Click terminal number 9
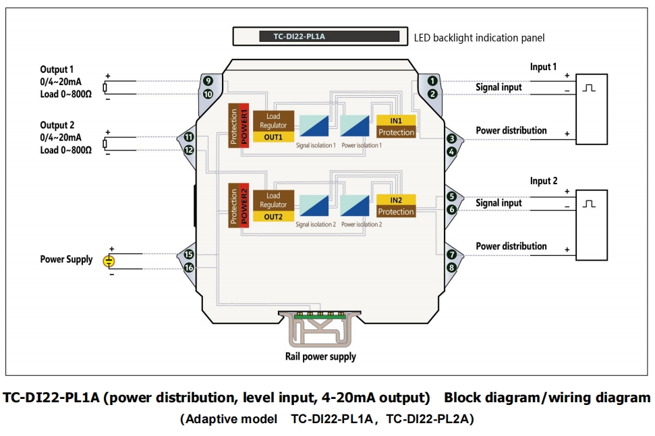[x=208, y=82]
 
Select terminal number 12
[x=189, y=151]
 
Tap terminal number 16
[x=189, y=268]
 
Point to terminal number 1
[x=432, y=82]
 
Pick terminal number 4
[x=451, y=152]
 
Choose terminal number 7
[x=451, y=255]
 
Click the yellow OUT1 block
[x=273, y=137]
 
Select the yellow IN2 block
[x=396, y=200]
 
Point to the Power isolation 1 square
[x=355, y=127]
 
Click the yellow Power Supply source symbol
[x=109, y=261]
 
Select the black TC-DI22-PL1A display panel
[x=329, y=36]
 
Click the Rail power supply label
[x=320, y=356]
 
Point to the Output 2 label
[x=57, y=125]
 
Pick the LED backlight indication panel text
[x=479, y=38]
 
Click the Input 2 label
[x=544, y=181]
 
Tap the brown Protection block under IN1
[x=396, y=132]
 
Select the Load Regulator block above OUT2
[x=273, y=200]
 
